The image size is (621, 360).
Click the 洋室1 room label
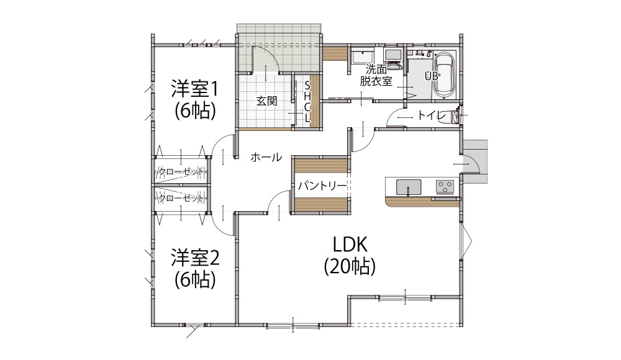coord(194,89)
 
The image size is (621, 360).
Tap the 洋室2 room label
coord(195,258)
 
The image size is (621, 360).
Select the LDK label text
coord(350,245)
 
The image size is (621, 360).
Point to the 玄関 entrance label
coord(266,101)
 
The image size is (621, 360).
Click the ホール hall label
coord(266,157)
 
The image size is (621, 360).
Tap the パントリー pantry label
coord(322,186)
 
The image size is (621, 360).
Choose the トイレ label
coord(432,115)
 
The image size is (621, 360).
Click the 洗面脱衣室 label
coord(376,75)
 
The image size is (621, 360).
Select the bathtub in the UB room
coord(445,74)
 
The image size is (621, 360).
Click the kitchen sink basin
coord(409,187)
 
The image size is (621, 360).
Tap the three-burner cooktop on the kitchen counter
coord(445,187)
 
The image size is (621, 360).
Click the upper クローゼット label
coord(181,173)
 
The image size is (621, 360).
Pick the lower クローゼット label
coord(181,197)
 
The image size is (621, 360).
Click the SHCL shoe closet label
coord(307,102)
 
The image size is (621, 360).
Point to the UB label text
coord(432,76)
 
